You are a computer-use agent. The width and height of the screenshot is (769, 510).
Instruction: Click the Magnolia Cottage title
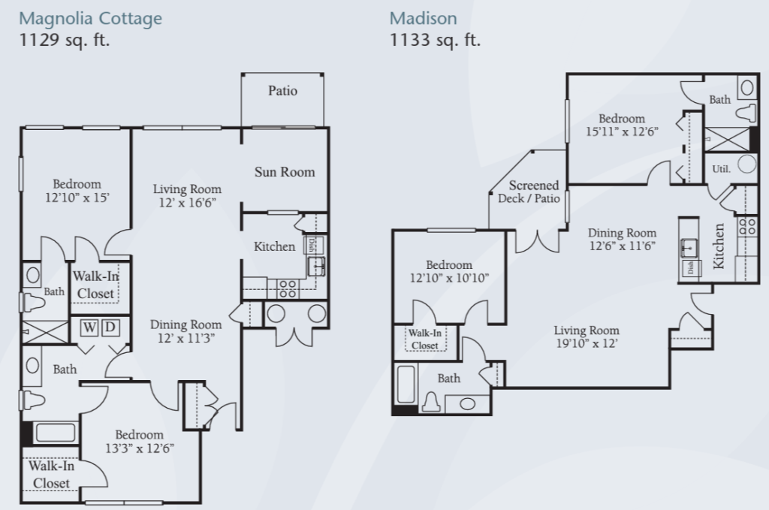tap(90, 19)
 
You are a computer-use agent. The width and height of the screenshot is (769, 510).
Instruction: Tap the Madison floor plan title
tap(424, 19)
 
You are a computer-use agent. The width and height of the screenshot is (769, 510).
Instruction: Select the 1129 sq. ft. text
tap(65, 40)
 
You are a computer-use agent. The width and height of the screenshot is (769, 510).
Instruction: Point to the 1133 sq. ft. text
tap(435, 40)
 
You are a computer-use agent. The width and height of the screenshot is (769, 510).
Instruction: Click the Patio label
tap(282, 91)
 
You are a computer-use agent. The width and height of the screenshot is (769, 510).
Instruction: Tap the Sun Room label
tap(285, 172)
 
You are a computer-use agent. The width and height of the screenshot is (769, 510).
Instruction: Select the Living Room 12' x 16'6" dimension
tap(187, 202)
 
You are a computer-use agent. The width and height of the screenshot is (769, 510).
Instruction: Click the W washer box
tap(89, 327)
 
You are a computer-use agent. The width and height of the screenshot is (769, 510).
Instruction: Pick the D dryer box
tap(110, 327)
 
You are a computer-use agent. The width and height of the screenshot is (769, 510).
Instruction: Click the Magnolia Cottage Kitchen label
tap(274, 246)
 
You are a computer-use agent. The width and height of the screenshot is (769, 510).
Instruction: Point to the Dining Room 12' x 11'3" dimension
tap(186, 338)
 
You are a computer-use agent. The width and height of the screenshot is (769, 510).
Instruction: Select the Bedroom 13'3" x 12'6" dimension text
tap(140, 448)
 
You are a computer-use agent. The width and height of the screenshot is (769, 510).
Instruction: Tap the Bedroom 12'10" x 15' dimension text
tap(77, 198)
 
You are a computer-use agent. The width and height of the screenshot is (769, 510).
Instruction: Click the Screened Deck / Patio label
tap(529, 192)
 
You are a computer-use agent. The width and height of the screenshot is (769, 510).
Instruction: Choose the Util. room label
tap(721, 169)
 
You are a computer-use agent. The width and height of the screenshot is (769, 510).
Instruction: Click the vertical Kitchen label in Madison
tap(719, 246)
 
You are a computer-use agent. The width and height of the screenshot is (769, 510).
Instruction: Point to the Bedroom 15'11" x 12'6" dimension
tap(622, 131)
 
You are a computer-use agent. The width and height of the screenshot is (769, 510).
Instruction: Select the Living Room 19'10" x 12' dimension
tap(587, 343)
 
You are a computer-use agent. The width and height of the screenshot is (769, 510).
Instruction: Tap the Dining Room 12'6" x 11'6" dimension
tap(622, 246)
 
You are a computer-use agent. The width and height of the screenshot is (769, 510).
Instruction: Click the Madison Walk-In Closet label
tap(425, 339)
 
